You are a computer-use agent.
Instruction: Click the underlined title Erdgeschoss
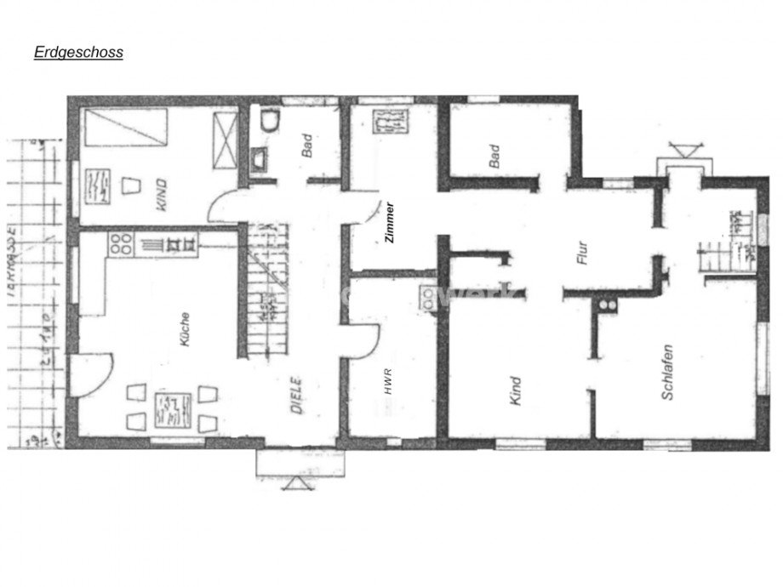78,52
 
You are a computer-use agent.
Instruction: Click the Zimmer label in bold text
389,224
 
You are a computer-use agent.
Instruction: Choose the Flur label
583,255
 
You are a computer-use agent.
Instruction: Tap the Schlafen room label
667,372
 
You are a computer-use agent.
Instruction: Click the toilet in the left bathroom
269,122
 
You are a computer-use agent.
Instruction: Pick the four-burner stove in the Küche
120,245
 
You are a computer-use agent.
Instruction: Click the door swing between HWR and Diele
364,342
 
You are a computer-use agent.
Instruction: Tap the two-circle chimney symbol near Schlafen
607,303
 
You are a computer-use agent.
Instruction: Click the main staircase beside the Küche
268,289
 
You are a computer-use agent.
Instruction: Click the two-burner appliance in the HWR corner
426,295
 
